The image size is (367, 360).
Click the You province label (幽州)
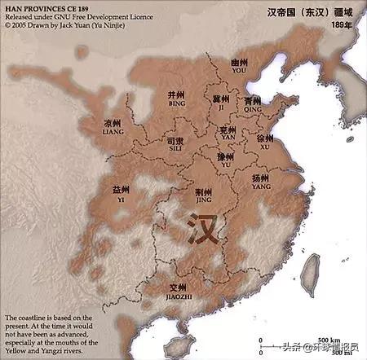(x=239, y=64)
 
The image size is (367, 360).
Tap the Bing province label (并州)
(x=176, y=96)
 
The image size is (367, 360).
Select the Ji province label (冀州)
(x=221, y=100)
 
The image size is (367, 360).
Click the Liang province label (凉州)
(x=112, y=125)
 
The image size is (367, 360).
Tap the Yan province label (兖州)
(x=228, y=130)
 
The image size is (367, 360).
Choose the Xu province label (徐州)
(x=266, y=140)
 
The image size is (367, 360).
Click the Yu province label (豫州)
(x=226, y=158)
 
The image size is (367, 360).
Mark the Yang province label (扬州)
(x=261, y=179)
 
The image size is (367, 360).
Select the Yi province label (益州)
(x=120, y=191)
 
